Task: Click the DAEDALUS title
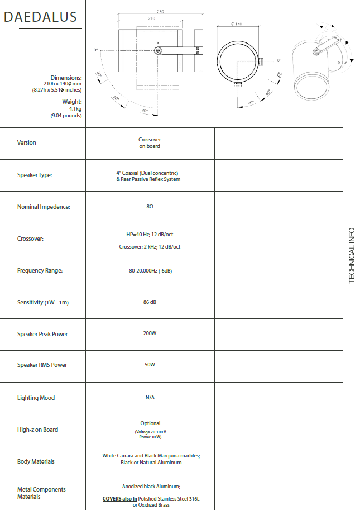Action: [x=40, y=17]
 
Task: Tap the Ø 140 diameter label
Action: [x=236, y=23]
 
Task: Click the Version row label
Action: [x=26, y=142]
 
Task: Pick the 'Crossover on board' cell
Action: [x=150, y=143]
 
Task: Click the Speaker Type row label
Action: [x=35, y=175]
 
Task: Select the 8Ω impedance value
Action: [x=150, y=207]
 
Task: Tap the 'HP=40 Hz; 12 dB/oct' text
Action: [x=150, y=235]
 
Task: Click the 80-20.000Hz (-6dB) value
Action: [x=150, y=270]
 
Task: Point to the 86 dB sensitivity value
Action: [x=150, y=302]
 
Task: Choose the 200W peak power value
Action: [x=150, y=333]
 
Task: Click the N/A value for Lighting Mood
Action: [x=150, y=397]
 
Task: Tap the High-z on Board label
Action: [x=37, y=430]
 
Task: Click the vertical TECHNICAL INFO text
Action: [x=352, y=255]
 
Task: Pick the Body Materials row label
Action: [x=36, y=461]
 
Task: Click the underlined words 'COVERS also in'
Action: [x=119, y=498]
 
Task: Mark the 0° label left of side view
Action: [x=96, y=50]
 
